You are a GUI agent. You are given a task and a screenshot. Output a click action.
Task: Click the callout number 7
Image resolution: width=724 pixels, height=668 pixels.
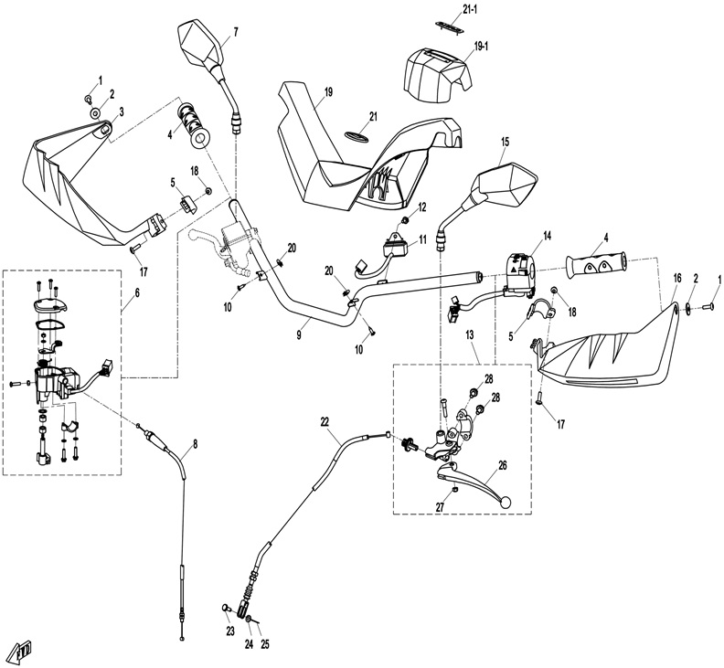(235, 33)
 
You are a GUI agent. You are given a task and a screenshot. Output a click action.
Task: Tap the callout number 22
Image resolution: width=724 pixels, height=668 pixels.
(325, 420)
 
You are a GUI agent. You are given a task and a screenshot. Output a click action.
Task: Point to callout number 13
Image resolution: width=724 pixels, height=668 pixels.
(471, 337)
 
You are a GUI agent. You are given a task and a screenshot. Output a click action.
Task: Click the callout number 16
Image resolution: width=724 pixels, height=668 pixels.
(677, 277)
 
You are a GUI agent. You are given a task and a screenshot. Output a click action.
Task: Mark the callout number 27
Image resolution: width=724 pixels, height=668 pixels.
(440, 508)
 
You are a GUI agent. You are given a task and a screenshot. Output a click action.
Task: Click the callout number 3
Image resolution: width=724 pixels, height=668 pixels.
(122, 111)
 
